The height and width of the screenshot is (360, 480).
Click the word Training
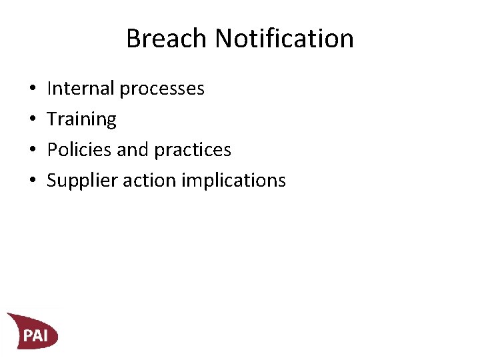click(81, 119)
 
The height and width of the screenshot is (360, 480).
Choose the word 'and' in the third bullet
click(133, 149)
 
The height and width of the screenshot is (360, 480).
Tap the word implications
click(237, 181)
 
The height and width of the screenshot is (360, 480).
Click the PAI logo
click(33, 331)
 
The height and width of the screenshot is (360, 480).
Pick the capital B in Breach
click(134, 39)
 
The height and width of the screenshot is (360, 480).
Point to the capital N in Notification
click(225, 39)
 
